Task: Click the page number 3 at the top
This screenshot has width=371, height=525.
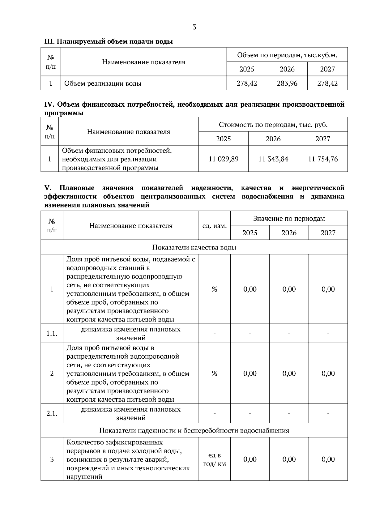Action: tap(194, 27)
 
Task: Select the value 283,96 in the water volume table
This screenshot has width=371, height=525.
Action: tap(287, 83)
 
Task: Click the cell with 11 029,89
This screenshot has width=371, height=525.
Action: tap(224, 159)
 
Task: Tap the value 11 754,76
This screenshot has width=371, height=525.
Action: tap(323, 159)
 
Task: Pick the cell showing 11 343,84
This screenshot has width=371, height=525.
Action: tap(273, 159)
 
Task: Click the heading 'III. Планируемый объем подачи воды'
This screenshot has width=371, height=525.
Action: tap(109, 41)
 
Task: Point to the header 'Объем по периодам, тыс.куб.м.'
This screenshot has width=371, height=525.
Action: tap(287, 55)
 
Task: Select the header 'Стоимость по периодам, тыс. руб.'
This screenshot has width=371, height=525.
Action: tap(273, 125)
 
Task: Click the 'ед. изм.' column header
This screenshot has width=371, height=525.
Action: tap(214, 226)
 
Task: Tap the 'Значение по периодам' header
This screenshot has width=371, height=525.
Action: tap(289, 219)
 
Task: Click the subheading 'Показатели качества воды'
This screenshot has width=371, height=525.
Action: tap(194, 247)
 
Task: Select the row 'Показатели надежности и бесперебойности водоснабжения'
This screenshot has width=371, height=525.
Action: tap(194, 430)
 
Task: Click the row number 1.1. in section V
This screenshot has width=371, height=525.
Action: tap(52, 333)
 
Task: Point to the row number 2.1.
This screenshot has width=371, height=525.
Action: tap(52, 413)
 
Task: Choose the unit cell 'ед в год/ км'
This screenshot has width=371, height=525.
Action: tap(214, 459)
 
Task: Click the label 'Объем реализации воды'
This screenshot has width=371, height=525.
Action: tap(103, 83)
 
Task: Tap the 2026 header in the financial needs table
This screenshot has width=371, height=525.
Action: tap(273, 139)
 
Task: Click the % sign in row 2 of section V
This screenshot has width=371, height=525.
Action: tap(214, 373)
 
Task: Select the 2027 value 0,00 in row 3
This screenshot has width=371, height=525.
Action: tap(328, 459)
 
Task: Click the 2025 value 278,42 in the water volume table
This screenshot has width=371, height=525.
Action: tap(247, 83)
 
